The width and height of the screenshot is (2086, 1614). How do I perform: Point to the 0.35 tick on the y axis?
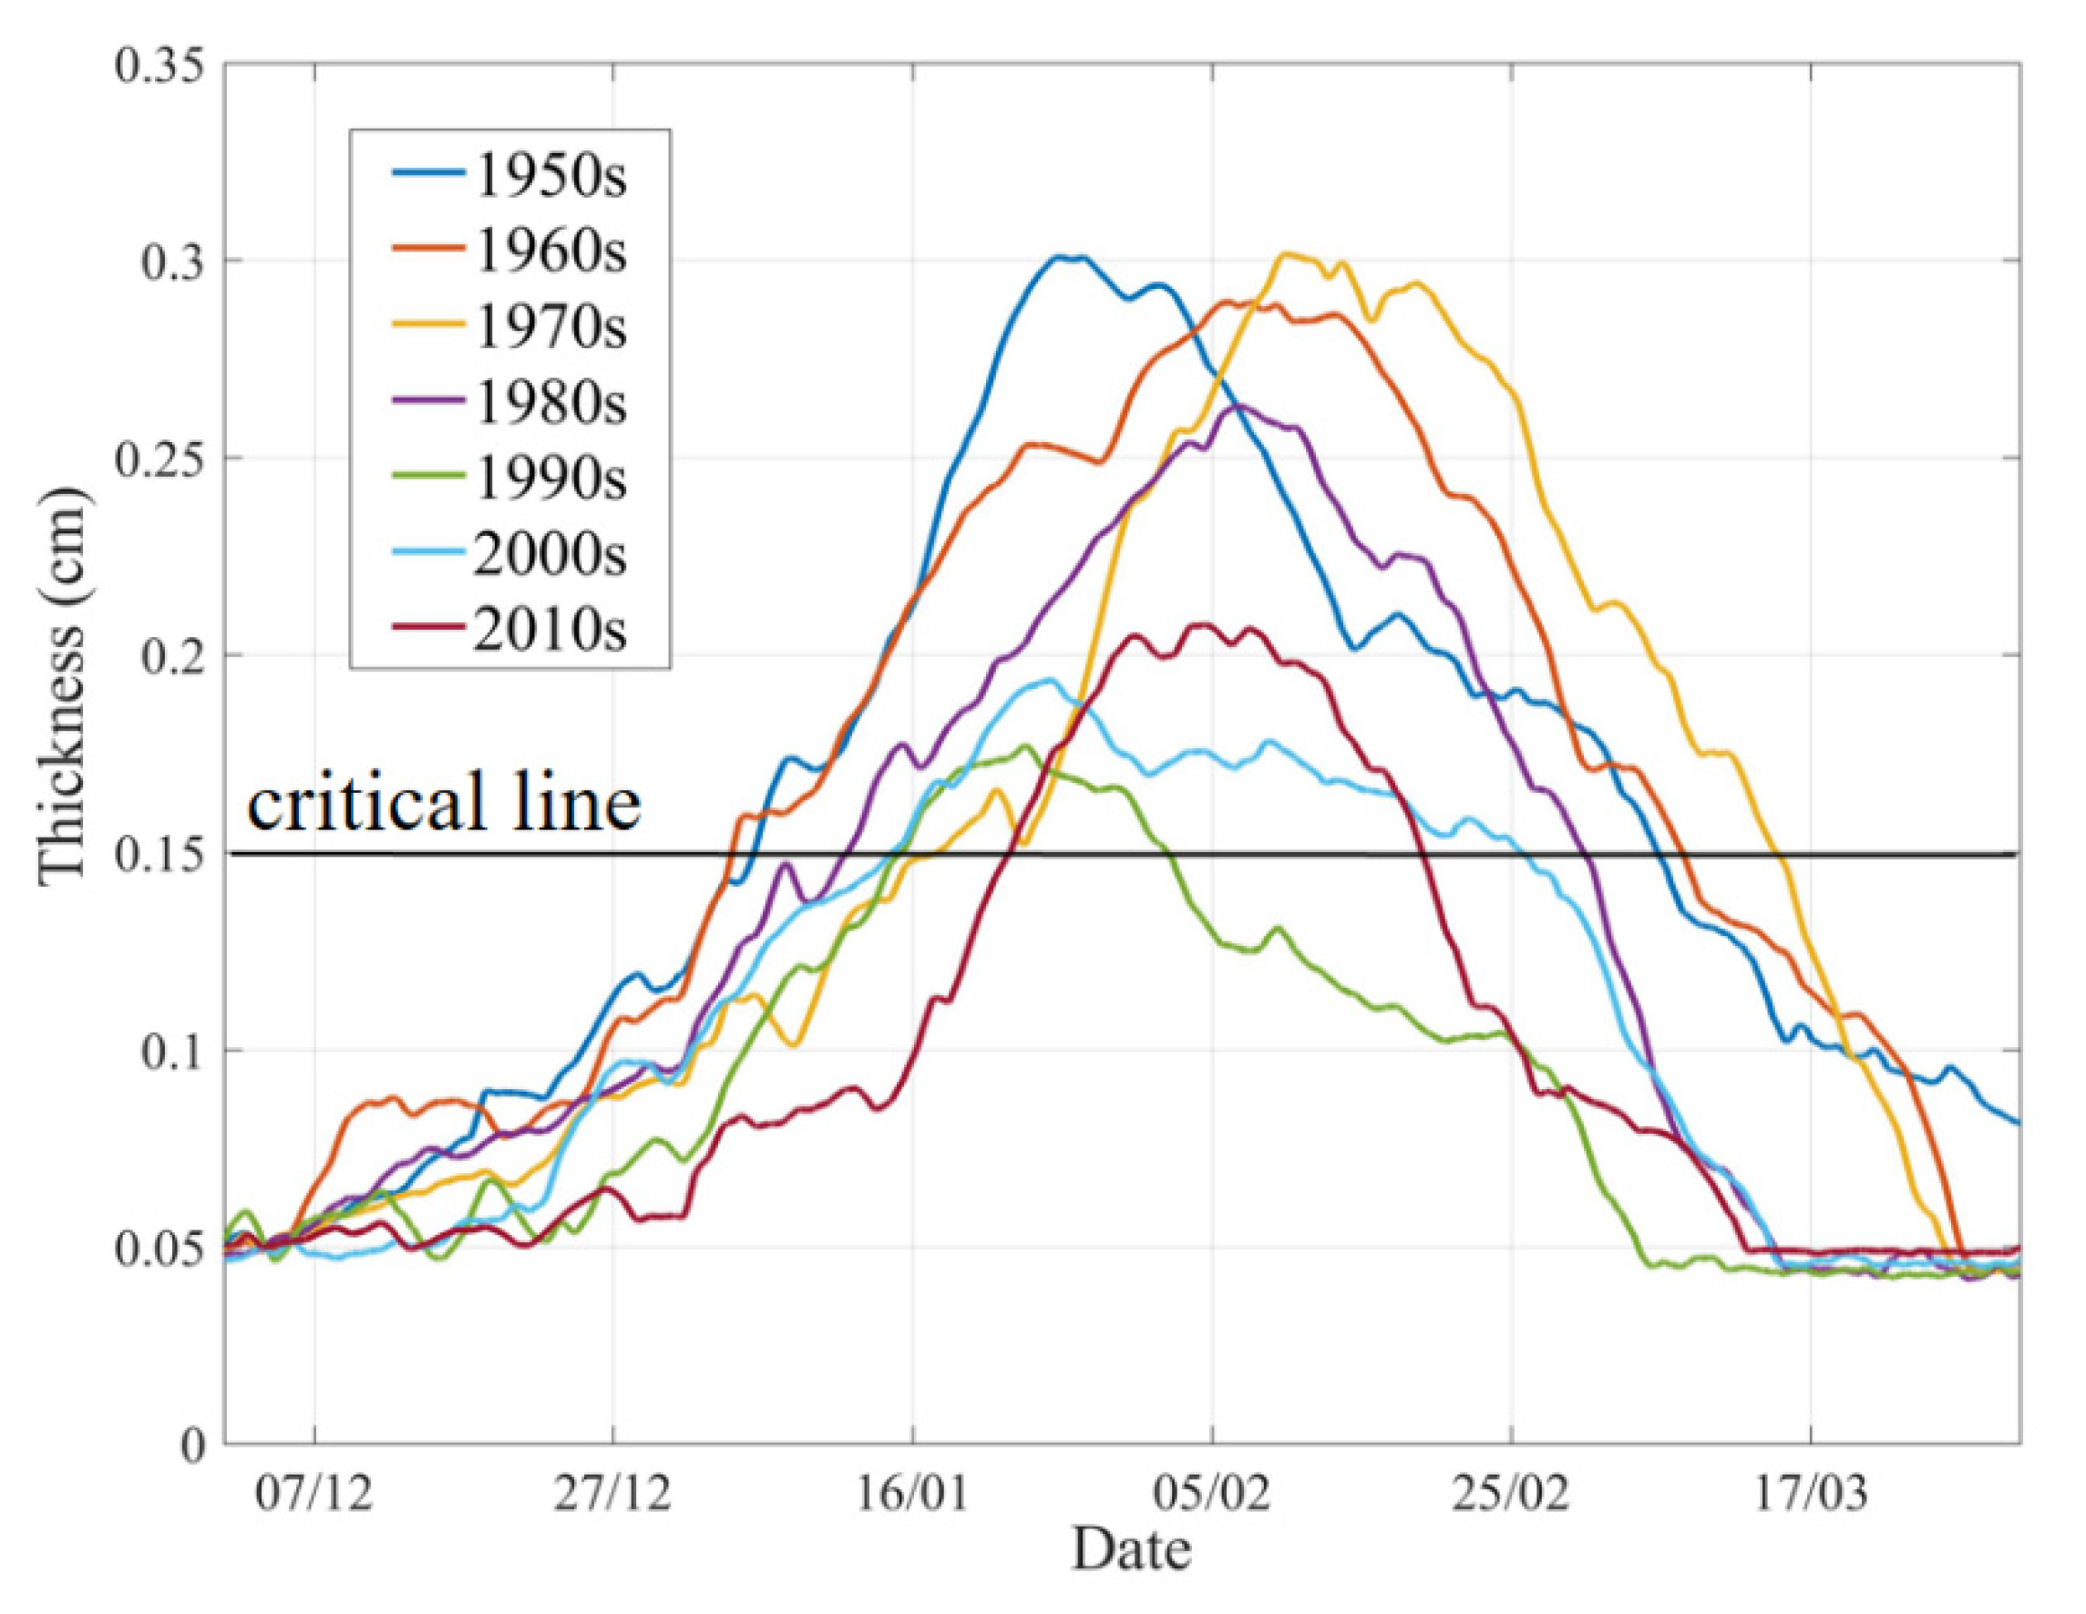[x=160, y=67]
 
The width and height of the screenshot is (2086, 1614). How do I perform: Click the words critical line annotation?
[x=443, y=803]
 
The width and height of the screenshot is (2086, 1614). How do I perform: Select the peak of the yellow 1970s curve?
[x=1286, y=253]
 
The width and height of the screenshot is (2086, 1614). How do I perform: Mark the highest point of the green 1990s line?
[x=1027, y=745]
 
